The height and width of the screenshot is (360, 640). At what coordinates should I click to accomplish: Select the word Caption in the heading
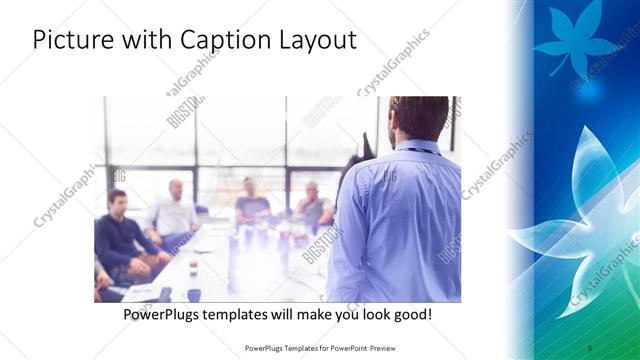[x=220, y=42]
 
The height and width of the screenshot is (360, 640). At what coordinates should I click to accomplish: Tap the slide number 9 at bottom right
[x=590, y=347]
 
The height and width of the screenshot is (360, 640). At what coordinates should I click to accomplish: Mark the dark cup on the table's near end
[x=194, y=294]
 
